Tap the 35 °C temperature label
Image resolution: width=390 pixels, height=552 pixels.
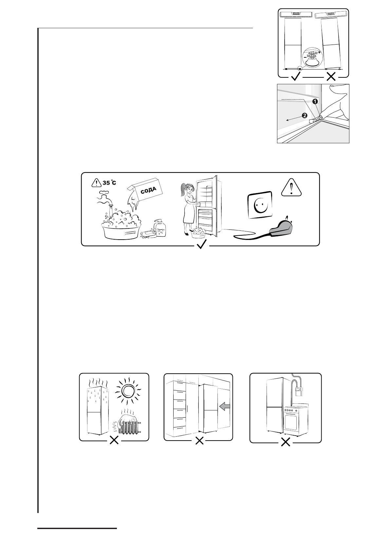109,183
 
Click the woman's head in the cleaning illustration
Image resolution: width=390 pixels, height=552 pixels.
189,189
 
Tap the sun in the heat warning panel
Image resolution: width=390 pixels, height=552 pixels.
127,390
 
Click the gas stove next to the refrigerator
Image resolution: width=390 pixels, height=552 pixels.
295,420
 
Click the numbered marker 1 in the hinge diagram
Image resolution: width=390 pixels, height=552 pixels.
315,102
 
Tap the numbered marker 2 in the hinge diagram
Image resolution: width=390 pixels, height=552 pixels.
305,115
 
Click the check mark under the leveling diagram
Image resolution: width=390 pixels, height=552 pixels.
296,77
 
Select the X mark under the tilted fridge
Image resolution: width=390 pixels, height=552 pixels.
331,77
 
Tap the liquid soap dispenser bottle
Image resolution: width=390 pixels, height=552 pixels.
161,228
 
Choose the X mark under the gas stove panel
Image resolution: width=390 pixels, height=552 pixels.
286,442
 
